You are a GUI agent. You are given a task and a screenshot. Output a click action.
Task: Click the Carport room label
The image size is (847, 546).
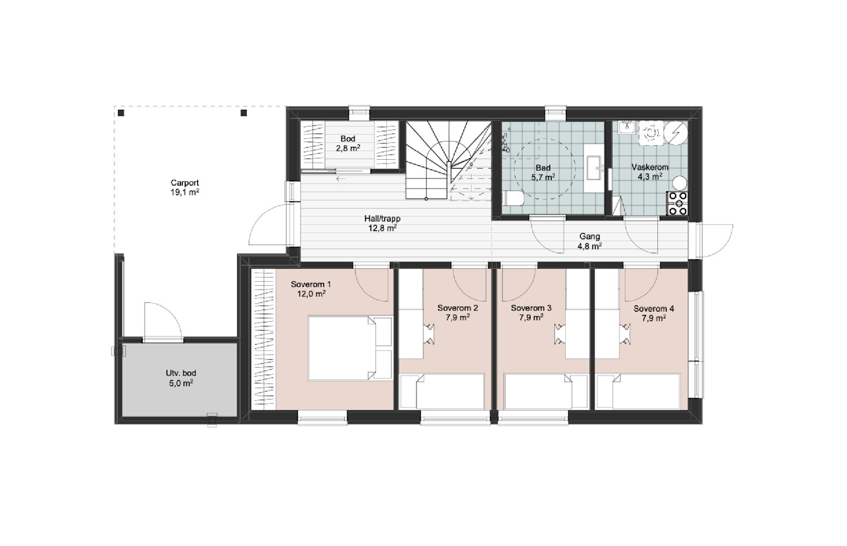click(185, 187)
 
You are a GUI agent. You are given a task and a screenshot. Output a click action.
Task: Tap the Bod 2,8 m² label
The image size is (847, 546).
click(348, 143)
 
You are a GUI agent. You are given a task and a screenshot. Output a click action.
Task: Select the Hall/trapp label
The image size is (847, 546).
click(382, 223)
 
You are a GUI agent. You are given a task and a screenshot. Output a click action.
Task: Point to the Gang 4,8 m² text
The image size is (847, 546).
click(590, 241)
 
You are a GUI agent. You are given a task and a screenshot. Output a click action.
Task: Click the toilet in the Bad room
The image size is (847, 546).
click(513, 198)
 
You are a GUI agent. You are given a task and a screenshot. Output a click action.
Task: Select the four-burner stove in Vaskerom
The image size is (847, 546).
click(677, 203)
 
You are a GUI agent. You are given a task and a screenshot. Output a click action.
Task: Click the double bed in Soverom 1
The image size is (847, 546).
click(350, 348)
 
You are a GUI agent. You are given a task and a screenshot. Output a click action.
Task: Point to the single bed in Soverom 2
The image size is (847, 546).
click(442, 391)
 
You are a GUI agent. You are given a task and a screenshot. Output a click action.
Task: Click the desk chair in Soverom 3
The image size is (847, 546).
click(560, 334)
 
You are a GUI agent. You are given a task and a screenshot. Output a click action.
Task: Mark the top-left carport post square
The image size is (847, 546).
click(121, 113)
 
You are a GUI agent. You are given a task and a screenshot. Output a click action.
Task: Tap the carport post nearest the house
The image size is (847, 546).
click(244, 113)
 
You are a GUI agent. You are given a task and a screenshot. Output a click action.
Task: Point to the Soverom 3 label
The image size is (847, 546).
click(531, 312)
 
